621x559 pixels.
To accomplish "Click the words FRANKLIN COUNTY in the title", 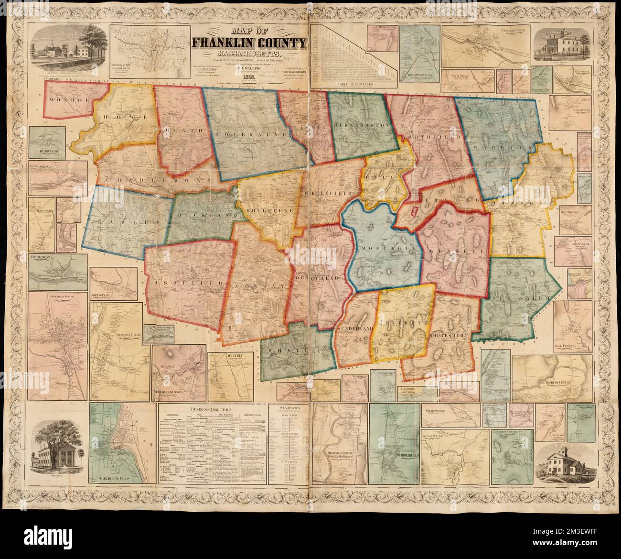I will pos(249,44).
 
